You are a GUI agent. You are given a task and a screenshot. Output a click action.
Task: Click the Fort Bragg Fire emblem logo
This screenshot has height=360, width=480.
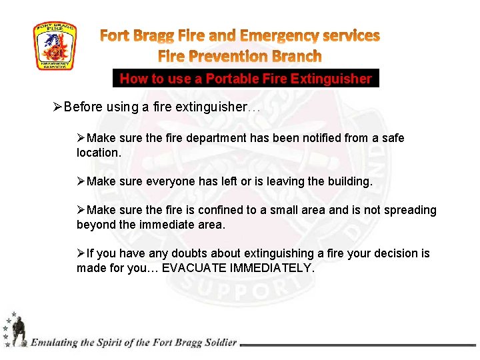pos(55,46)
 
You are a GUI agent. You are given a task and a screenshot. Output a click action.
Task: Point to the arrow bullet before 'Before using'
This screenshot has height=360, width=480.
pos(57,107)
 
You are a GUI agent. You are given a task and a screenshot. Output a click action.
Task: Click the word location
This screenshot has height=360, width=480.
pos(99,153)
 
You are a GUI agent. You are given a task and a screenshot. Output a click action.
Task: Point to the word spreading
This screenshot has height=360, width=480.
pos(409,211)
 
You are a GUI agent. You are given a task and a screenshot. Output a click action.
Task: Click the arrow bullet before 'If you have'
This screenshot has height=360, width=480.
pos(81,253)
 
